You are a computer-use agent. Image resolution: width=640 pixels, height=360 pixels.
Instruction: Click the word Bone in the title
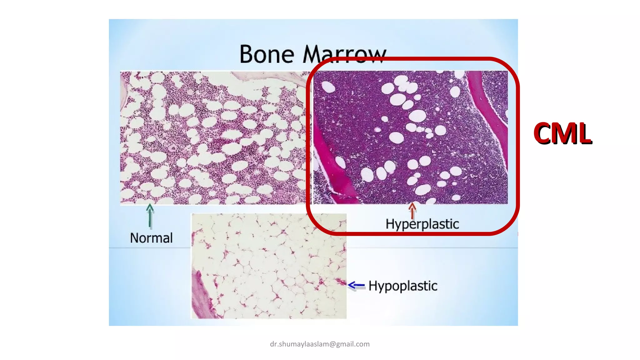pyautogui.click(x=267, y=55)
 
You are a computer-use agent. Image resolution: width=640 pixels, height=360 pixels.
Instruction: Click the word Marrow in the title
pyautogui.click(x=344, y=55)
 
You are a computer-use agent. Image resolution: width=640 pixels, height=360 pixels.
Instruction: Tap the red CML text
pyautogui.click(x=562, y=133)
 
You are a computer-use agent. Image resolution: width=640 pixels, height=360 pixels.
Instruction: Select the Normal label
pyautogui.click(x=151, y=238)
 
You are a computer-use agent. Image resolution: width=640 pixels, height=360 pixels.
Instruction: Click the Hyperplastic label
pyautogui.click(x=422, y=224)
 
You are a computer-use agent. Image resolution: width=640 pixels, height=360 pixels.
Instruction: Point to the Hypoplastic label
pyautogui.click(x=403, y=286)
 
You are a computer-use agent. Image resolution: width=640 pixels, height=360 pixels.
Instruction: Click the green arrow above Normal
pyautogui.click(x=150, y=216)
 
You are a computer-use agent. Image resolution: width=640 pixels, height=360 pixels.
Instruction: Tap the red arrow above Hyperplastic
pyautogui.click(x=412, y=211)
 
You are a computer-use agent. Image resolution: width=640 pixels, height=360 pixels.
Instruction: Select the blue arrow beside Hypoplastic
pyautogui.click(x=356, y=285)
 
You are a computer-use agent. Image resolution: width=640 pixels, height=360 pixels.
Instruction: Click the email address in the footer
pyautogui.click(x=320, y=344)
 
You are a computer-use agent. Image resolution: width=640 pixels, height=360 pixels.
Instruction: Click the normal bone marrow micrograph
pyautogui.click(x=212, y=137)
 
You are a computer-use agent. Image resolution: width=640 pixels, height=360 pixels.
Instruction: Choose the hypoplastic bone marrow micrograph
pyautogui.click(x=269, y=266)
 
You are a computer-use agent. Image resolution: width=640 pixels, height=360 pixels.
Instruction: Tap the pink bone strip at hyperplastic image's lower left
pyautogui.click(x=331, y=169)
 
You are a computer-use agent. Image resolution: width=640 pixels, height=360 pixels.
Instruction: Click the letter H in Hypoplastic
pyautogui.click(x=373, y=286)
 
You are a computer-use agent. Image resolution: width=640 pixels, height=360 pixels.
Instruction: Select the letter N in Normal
pyautogui.click(x=135, y=238)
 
